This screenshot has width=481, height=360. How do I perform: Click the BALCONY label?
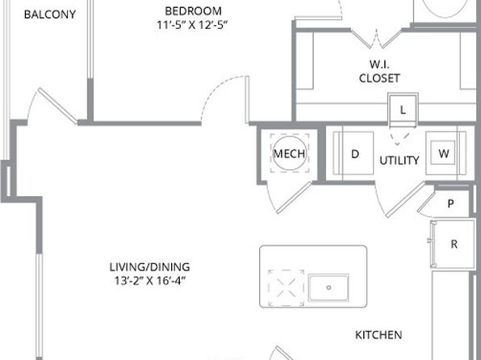click(50, 15)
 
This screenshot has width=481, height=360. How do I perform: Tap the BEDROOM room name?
click(193, 11)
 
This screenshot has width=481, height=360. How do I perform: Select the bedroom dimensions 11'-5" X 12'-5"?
click(192, 25)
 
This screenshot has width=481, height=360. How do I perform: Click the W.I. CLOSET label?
click(379, 71)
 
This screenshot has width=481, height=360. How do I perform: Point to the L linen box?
click(403, 110)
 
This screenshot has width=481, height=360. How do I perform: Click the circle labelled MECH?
click(289, 153)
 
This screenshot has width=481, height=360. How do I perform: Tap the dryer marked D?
click(353, 153)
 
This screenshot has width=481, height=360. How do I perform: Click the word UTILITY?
click(399, 161)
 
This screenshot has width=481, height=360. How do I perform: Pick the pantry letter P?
click(450, 203)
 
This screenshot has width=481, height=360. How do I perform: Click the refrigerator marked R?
click(453, 245)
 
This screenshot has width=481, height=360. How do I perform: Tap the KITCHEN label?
click(379, 335)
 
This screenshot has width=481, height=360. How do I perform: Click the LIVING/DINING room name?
click(149, 266)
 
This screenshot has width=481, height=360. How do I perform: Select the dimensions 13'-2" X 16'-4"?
click(150, 281)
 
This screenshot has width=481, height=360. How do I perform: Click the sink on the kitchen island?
click(328, 287)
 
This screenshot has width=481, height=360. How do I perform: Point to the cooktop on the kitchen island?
click(286, 288)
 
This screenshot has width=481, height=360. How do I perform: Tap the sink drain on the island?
click(328, 287)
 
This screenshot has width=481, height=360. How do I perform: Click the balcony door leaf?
click(57, 107)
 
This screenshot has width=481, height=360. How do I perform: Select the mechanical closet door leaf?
click(295, 197)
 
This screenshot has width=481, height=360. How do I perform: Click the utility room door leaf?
click(405, 199)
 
